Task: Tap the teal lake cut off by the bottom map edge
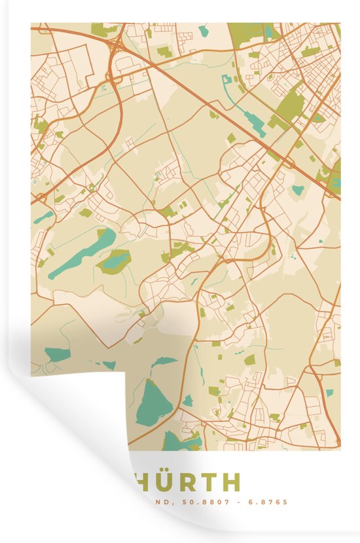pyautogui.click(x=175, y=441)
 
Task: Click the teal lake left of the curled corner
pyautogui.click(x=58, y=355)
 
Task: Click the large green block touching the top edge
pyautogui.click(x=245, y=30)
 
